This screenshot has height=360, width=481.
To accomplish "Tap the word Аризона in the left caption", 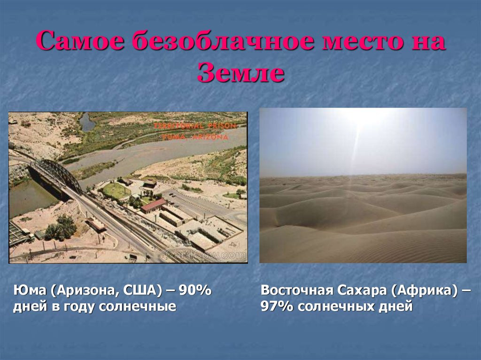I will (85, 291).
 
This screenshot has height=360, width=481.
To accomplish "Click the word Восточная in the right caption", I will (296, 291).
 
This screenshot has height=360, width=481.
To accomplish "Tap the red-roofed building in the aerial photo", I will (153, 205).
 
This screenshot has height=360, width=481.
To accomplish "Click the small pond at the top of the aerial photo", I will (87, 123).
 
